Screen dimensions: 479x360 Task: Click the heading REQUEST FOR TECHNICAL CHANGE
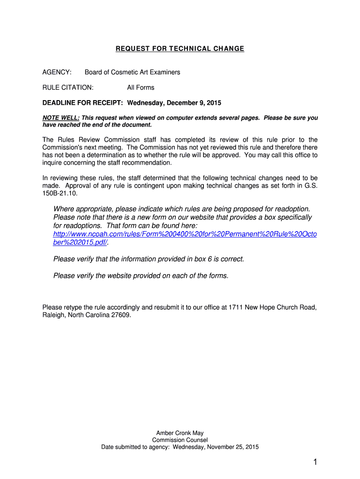[x=180, y=49]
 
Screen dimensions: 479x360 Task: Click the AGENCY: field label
[x=57, y=72]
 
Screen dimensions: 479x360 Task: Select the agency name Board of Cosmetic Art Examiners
[x=132, y=72]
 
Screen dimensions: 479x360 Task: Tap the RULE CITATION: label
[x=68, y=87]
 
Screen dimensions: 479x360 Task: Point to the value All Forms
[x=141, y=87]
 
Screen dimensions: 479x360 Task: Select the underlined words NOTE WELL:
[x=61, y=118]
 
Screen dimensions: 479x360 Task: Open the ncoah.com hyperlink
[x=185, y=234]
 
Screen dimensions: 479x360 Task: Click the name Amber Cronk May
[x=180, y=433]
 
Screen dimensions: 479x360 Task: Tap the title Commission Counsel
[x=180, y=440]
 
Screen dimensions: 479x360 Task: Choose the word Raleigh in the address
[x=53, y=315]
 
